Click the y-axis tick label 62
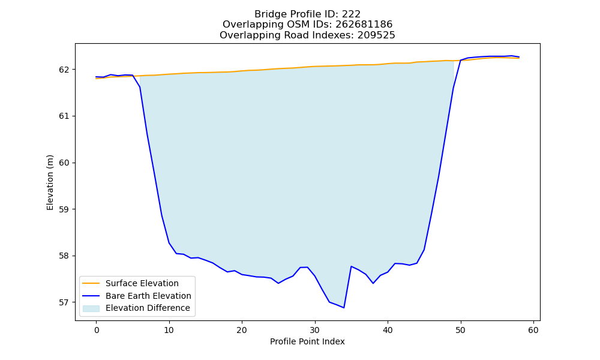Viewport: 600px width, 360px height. (65, 70)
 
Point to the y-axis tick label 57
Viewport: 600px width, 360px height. (65, 302)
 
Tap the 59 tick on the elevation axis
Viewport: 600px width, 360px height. (65, 209)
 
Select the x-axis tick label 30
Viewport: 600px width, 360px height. (315, 330)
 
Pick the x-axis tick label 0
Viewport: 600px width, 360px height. (97, 330)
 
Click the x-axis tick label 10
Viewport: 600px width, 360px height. (169, 330)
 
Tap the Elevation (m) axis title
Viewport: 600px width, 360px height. (50, 182)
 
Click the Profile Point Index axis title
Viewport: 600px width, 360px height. (307, 341)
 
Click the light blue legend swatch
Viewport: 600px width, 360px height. (91, 308)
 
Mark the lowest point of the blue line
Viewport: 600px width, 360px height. (344, 308)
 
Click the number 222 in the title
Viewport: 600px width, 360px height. (351, 14)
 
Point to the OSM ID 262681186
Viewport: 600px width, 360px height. (364, 25)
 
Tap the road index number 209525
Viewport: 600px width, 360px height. (376, 35)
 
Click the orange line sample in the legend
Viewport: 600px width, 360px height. (91, 283)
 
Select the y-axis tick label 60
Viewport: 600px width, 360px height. (65, 163)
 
